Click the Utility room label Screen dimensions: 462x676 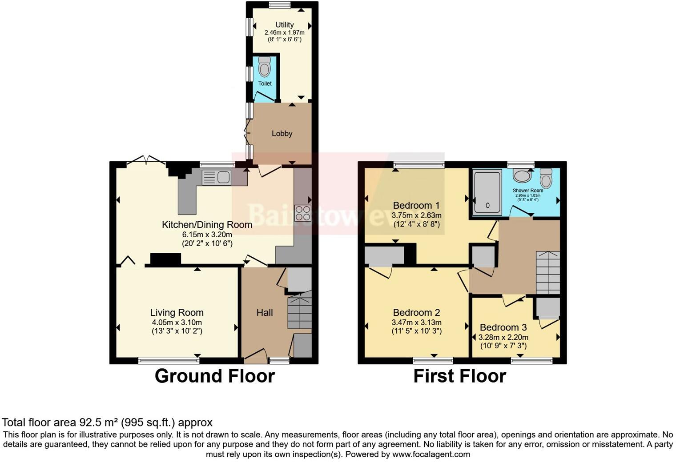click(x=284, y=25)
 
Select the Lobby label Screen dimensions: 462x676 click(x=282, y=133)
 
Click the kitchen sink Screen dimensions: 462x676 click(x=216, y=177)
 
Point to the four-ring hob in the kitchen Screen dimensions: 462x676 click(x=302, y=212)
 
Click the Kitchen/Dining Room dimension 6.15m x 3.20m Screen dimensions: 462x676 click(x=207, y=235)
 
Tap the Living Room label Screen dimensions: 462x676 click(x=177, y=313)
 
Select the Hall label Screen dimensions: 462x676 click(x=264, y=313)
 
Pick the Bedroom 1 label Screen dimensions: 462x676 click(x=416, y=205)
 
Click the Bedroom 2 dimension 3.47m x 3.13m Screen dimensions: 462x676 click(x=416, y=323)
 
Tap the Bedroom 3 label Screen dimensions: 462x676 click(x=503, y=327)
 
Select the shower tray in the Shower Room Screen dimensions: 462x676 click(x=487, y=192)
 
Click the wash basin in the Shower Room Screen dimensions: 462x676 click(x=522, y=176)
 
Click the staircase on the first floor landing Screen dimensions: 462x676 click(x=548, y=272)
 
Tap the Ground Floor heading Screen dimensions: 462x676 click(x=214, y=376)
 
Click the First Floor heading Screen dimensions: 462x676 click(x=459, y=376)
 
